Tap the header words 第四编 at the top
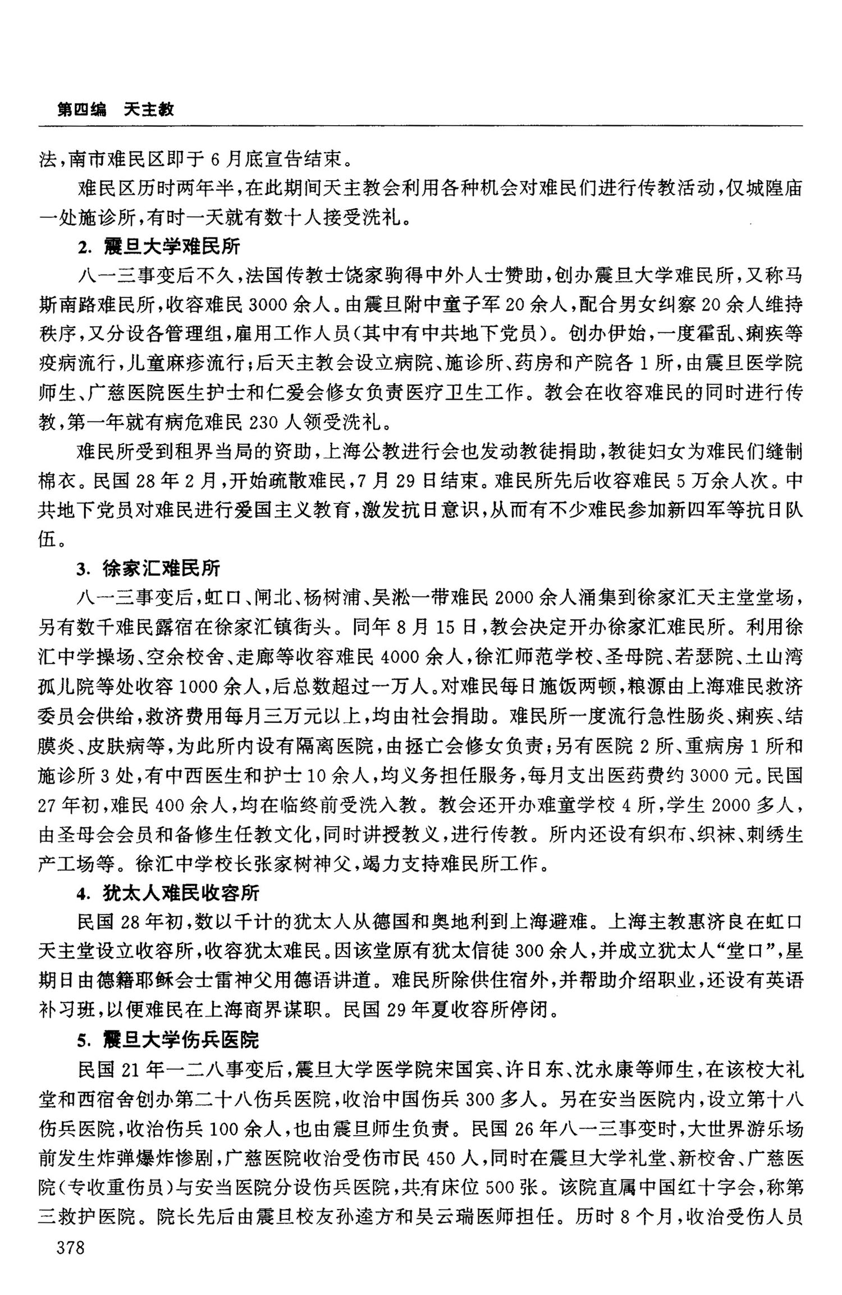(x=81, y=109)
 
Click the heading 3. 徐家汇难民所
(x=149, y=568)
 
